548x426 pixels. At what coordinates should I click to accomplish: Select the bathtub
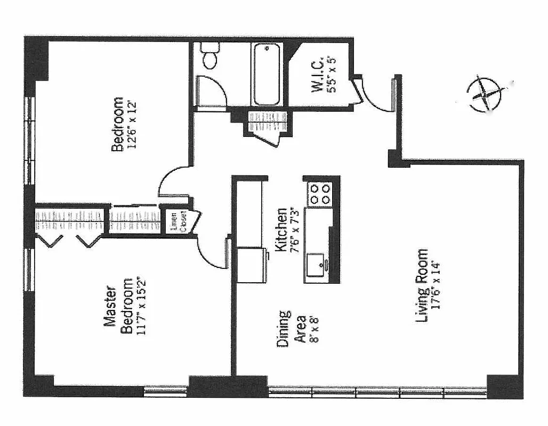(x=267, y=75)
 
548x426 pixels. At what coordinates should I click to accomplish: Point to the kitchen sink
(x=318, y=264)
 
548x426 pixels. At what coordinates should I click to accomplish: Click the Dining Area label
(x=292, y=330)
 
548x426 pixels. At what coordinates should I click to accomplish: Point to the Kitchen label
(x=281, y=229)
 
